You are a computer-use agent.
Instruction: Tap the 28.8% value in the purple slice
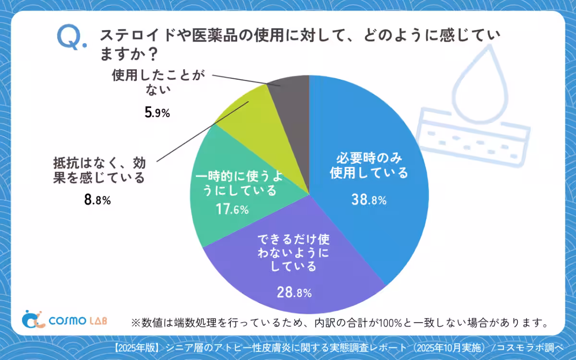click(x=294, y=291)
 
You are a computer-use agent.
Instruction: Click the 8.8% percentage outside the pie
click(x=97, y=200)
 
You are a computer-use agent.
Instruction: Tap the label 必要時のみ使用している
click(x=369, y=165)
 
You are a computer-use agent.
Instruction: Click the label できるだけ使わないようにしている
click(x=294, y=252)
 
